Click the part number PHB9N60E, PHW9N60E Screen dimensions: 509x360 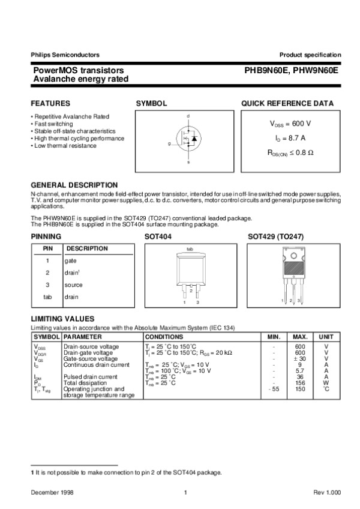291,70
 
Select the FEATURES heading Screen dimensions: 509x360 50,103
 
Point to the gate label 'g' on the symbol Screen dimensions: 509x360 169,144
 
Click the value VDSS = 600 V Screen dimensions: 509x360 290,123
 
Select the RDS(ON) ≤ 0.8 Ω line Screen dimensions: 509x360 290,152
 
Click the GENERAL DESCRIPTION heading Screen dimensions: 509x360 74,185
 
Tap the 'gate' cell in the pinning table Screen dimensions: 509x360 71,261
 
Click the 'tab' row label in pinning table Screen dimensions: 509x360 47,297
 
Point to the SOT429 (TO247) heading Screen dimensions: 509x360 275,237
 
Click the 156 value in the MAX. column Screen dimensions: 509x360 300,382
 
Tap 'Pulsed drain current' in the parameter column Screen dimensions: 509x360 91,376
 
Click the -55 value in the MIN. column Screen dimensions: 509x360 273,388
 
